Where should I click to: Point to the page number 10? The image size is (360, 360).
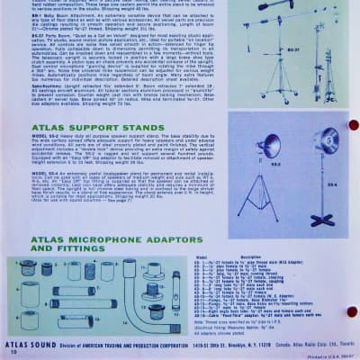point(13,354)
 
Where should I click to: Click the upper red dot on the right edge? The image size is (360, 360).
point(352,124)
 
